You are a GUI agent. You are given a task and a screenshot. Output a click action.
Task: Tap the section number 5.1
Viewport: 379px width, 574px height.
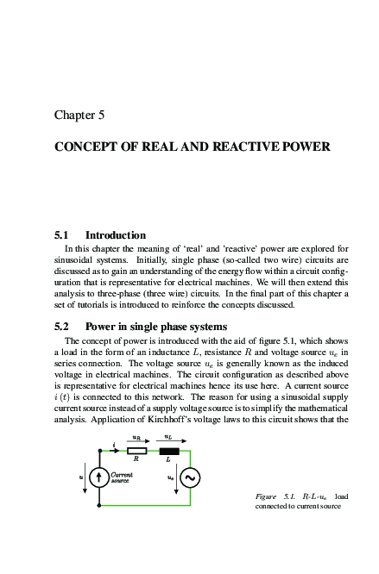[61, 234]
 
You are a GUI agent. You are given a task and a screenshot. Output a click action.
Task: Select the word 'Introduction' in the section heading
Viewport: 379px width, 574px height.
[116, 234]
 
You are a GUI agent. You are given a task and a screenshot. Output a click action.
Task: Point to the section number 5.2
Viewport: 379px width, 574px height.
[61, 327]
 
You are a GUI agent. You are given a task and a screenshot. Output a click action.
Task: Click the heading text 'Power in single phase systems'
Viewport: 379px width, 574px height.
[156, 327]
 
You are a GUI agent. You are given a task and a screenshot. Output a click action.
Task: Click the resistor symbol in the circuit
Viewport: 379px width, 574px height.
[136, 450]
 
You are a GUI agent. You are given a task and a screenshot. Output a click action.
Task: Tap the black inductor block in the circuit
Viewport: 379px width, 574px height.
[169, 450]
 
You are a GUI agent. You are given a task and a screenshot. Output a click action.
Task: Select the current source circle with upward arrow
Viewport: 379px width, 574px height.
[100, 477]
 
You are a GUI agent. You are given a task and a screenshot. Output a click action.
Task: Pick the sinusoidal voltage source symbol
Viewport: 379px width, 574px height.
[189, 477]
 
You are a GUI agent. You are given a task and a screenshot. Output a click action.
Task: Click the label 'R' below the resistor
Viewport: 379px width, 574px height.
[136, 459]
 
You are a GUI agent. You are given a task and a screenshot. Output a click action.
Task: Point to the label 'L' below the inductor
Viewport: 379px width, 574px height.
[169, 459]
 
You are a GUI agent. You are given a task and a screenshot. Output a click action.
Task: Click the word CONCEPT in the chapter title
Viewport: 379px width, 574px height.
[86, 147]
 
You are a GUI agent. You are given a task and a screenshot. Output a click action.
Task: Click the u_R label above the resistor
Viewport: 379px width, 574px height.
[137, 438]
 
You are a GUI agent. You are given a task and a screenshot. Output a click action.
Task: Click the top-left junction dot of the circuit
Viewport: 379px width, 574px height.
[100, 450]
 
